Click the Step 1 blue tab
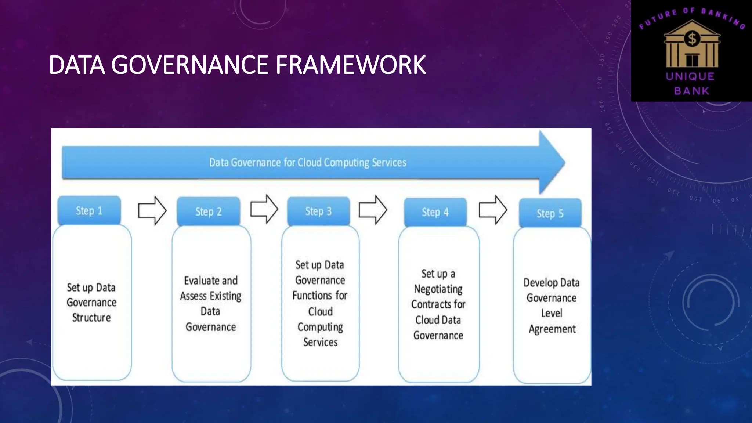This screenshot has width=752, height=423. coord(89,211)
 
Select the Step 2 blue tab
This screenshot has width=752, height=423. coord(209,212)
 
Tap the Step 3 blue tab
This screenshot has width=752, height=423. coord(318,211)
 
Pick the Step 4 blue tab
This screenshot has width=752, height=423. coord(435,212)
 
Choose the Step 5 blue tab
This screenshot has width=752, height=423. coord(550,213)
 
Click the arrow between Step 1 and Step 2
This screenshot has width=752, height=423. coord(152,210)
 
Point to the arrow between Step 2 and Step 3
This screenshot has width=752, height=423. coord(264,209)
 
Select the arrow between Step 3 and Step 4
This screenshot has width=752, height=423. coord(373,210)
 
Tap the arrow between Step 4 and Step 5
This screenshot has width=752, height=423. coord(493,210)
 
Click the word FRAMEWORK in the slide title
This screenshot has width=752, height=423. coord(351,65)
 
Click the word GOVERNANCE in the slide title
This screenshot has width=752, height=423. coord(191,65)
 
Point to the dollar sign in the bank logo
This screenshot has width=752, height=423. coord(692,39)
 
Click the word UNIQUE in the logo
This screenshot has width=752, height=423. coord(690,76)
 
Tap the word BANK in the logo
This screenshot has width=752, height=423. coord(692,91)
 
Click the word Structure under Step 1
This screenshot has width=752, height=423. coord(91,318)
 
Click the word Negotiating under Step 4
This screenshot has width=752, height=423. coord(438,289)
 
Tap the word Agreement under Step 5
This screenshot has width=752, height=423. coord(552,329)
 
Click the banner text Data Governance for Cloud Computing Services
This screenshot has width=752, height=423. coord(308,163)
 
